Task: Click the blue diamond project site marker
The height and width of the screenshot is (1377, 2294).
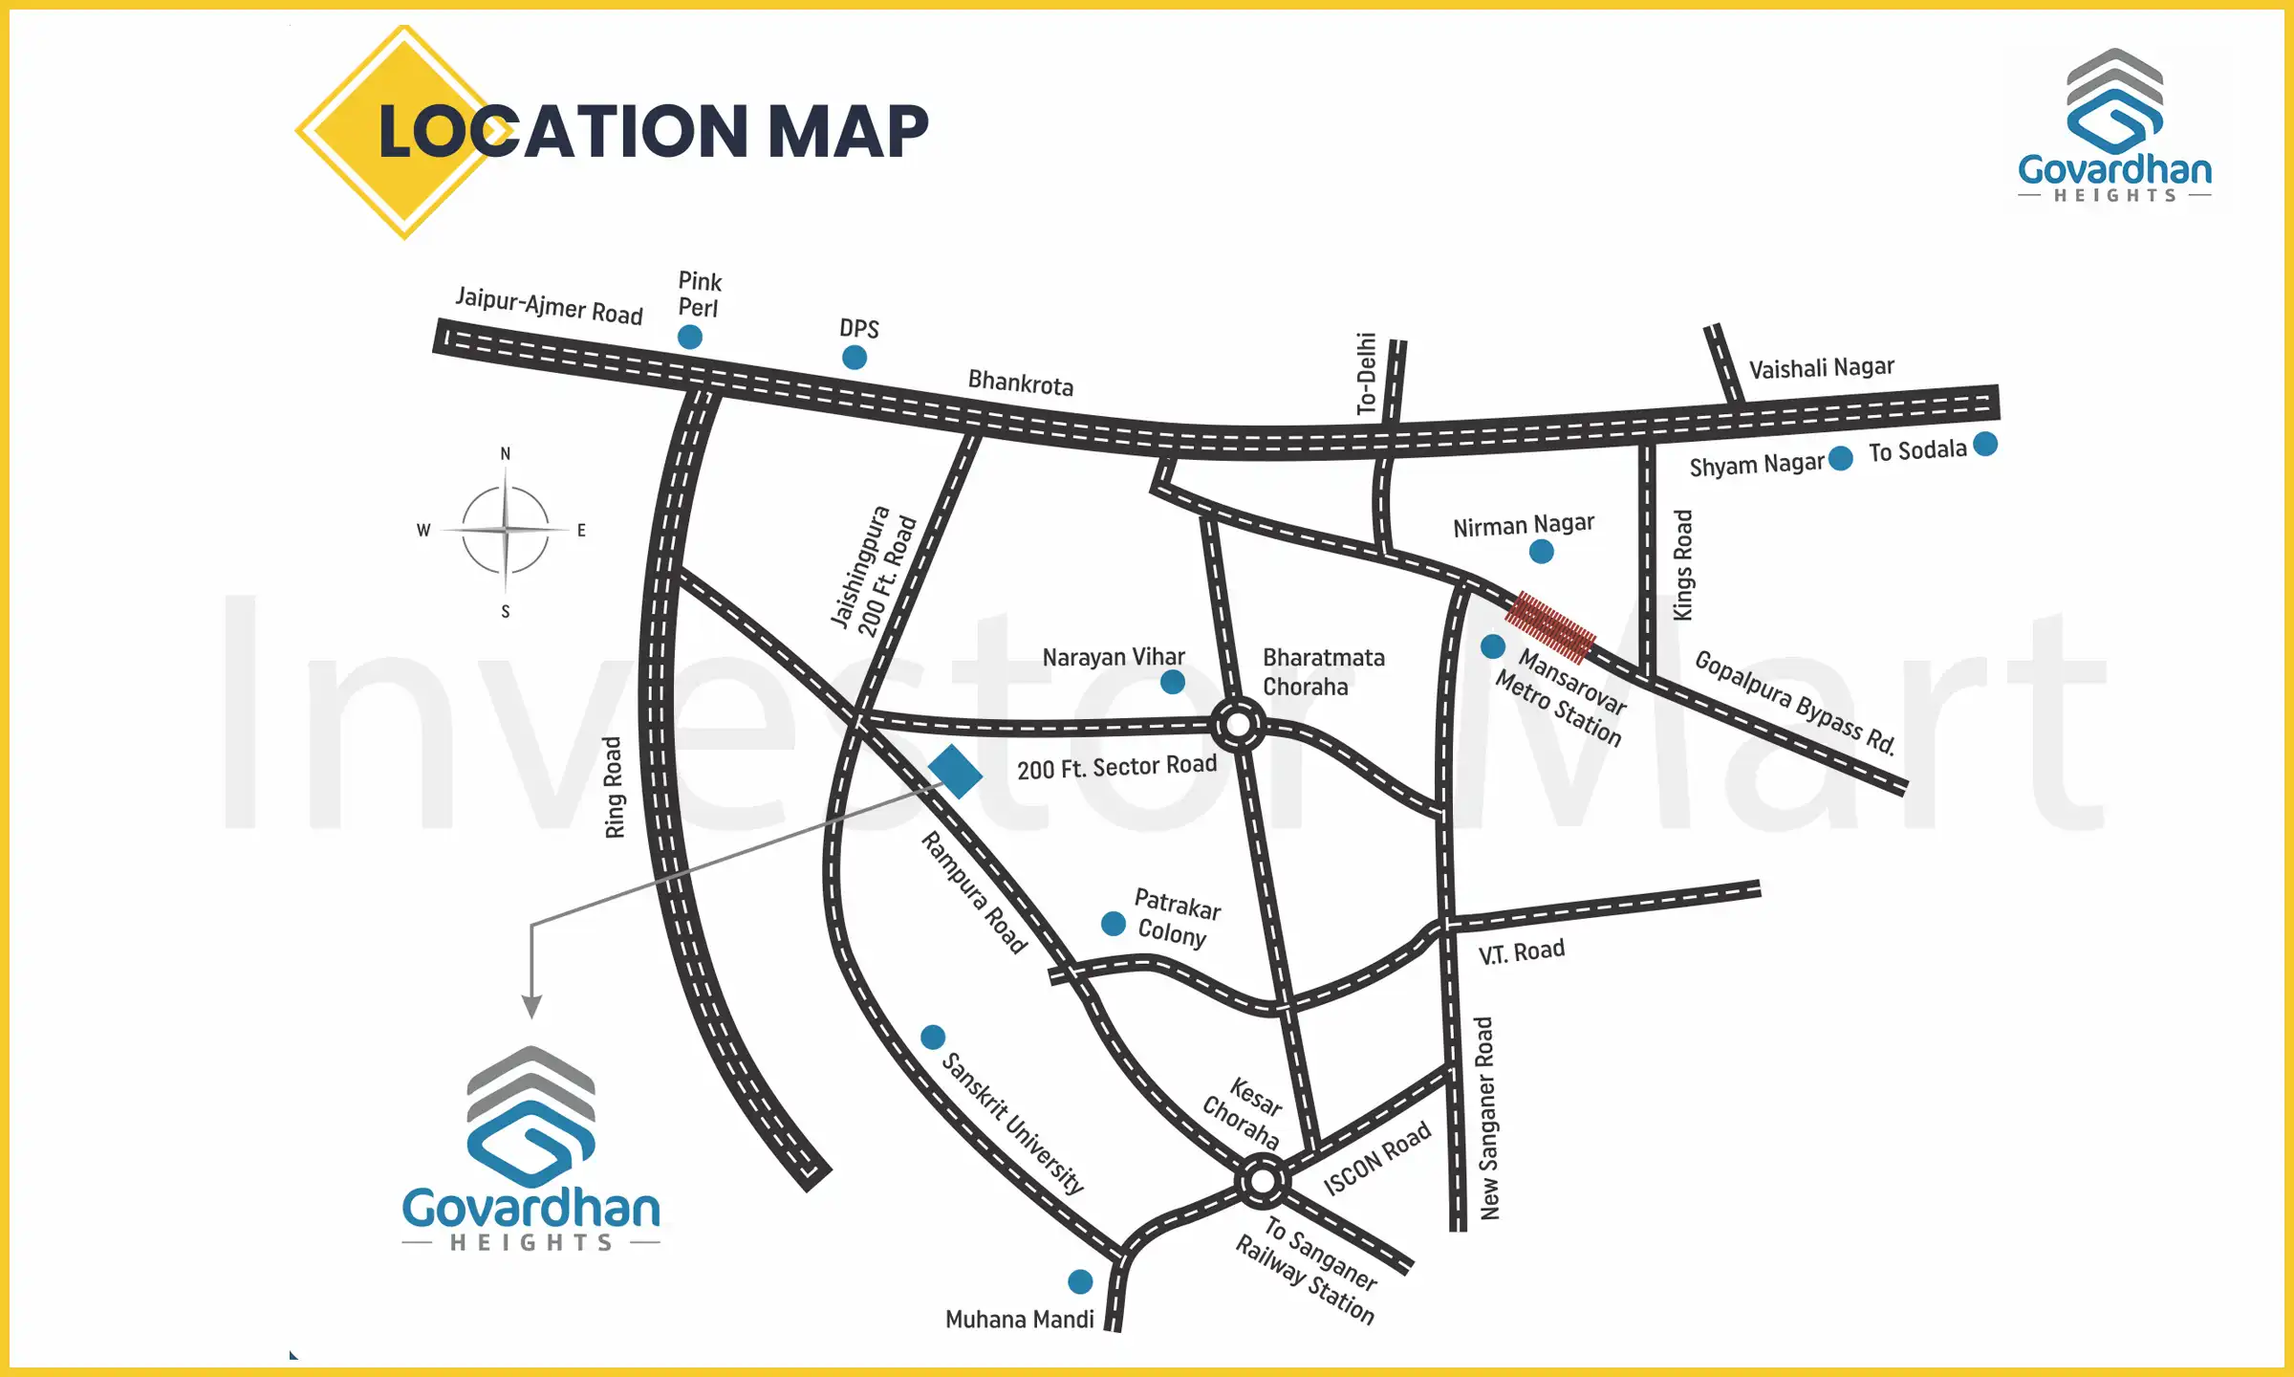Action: click(x=955, y=771)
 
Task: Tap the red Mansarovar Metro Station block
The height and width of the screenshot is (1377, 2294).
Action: click(x=1550, y=627)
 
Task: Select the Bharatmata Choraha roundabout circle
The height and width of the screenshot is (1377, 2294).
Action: click(x=1238, y=725)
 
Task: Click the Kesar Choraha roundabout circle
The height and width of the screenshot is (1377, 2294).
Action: click(x=1262, y=1181)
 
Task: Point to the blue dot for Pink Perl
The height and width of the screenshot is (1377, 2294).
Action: click(x=689, y=337)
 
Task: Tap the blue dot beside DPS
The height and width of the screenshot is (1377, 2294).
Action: click(x=855, y=357)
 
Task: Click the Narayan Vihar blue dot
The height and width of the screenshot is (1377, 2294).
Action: click(x=1173, y=682)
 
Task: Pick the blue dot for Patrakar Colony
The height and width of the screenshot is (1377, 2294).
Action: click(x=1113, y=924)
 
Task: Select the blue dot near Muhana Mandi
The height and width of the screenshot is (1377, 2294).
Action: click(x=1080, y=1281)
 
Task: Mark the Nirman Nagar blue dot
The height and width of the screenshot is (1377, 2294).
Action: click(x=1541, y=551)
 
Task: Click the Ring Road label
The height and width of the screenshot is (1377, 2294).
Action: click(x=614, y=787)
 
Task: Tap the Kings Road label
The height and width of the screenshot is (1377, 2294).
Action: click(x=1683, y=565)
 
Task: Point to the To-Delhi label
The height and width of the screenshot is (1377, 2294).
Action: click(x=1367, y=373)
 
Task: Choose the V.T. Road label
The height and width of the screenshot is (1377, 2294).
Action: click(x=1522, y=951)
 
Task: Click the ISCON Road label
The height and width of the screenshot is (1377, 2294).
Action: click(x=1377, y=1158)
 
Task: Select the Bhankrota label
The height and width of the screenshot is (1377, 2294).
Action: click(x=1021, y=383)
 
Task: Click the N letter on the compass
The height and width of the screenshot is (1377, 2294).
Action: click(x=506, y=453)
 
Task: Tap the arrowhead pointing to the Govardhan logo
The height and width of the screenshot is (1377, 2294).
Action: click(x=531, y=1006)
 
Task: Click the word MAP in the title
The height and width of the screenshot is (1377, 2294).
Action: click(x=848, y=131)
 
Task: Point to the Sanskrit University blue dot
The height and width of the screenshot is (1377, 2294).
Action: click(x=933, y=1037)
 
